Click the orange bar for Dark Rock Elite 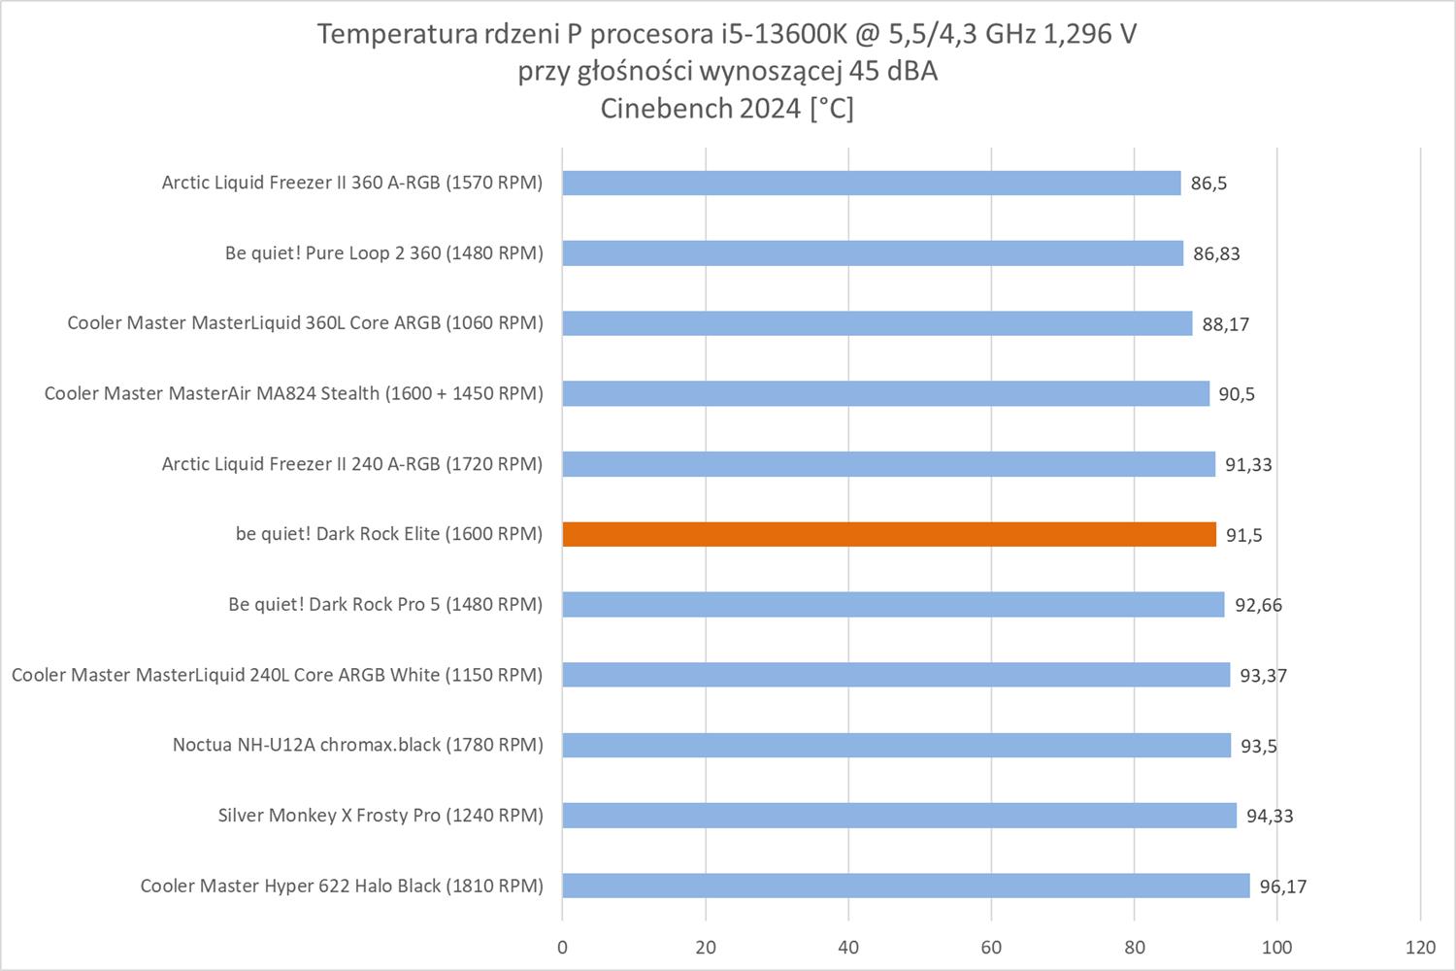(888, 534)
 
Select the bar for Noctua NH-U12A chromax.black (896, 745)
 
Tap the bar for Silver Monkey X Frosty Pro (899, 815)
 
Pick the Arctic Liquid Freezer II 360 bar (871, 183)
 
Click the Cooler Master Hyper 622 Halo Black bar (906, 886)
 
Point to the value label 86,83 (1216, 253)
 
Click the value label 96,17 (1283, 887)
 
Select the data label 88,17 (1225, 324)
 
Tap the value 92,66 (1258, 605)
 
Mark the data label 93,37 (1263, 676)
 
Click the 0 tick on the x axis (562, 948)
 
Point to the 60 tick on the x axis (991, 948)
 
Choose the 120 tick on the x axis (1420, 948)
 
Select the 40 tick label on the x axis (848, 948)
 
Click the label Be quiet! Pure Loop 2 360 (383, 253)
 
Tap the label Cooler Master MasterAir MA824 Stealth (293, 393)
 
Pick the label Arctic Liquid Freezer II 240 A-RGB (351, 464)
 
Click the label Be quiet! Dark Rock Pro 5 (385, 604)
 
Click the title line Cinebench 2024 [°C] (727, 109)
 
